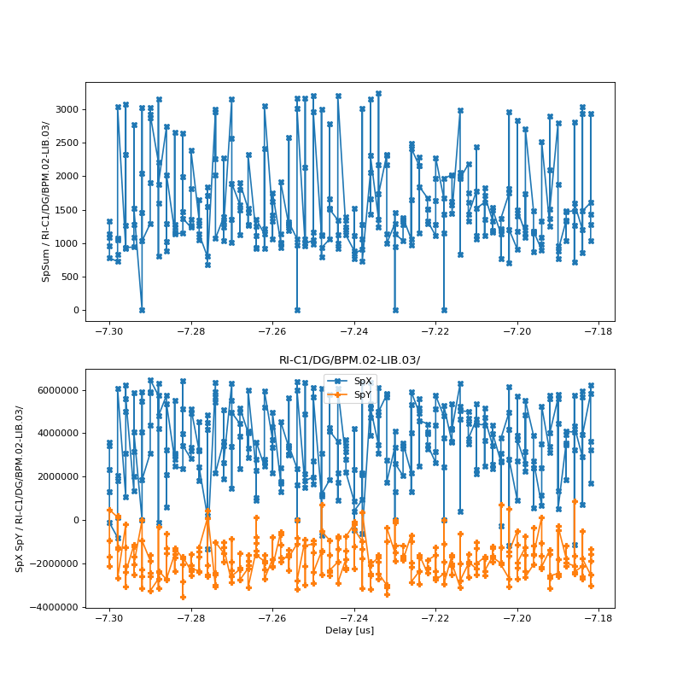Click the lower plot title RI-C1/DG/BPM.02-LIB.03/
coord(349,360)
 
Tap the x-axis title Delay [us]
coord(349,630)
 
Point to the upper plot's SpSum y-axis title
coord(46,201)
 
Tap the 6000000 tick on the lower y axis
coord(53,390)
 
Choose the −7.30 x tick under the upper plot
coord(109,331)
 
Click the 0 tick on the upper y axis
coord(74,310)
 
